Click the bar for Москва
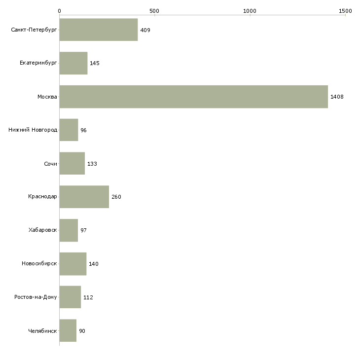[x=193, y=97]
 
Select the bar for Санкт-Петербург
[x=99, y=30]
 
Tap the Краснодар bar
[x=84, y=197]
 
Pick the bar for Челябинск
[x=68, y=330]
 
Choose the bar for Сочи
[x=72, y=164]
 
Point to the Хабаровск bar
[x=69, y=230]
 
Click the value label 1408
[x=337, y=97]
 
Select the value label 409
[x=145, y=30]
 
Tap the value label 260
[x=116, y=197]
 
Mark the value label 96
[x=84, y=130]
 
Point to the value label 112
[x=88, y=297]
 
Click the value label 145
[x=95, y=64]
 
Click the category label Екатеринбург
[x=38, y=64]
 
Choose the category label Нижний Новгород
[x=33, y=130]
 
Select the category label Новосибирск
[x=39, y=264]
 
